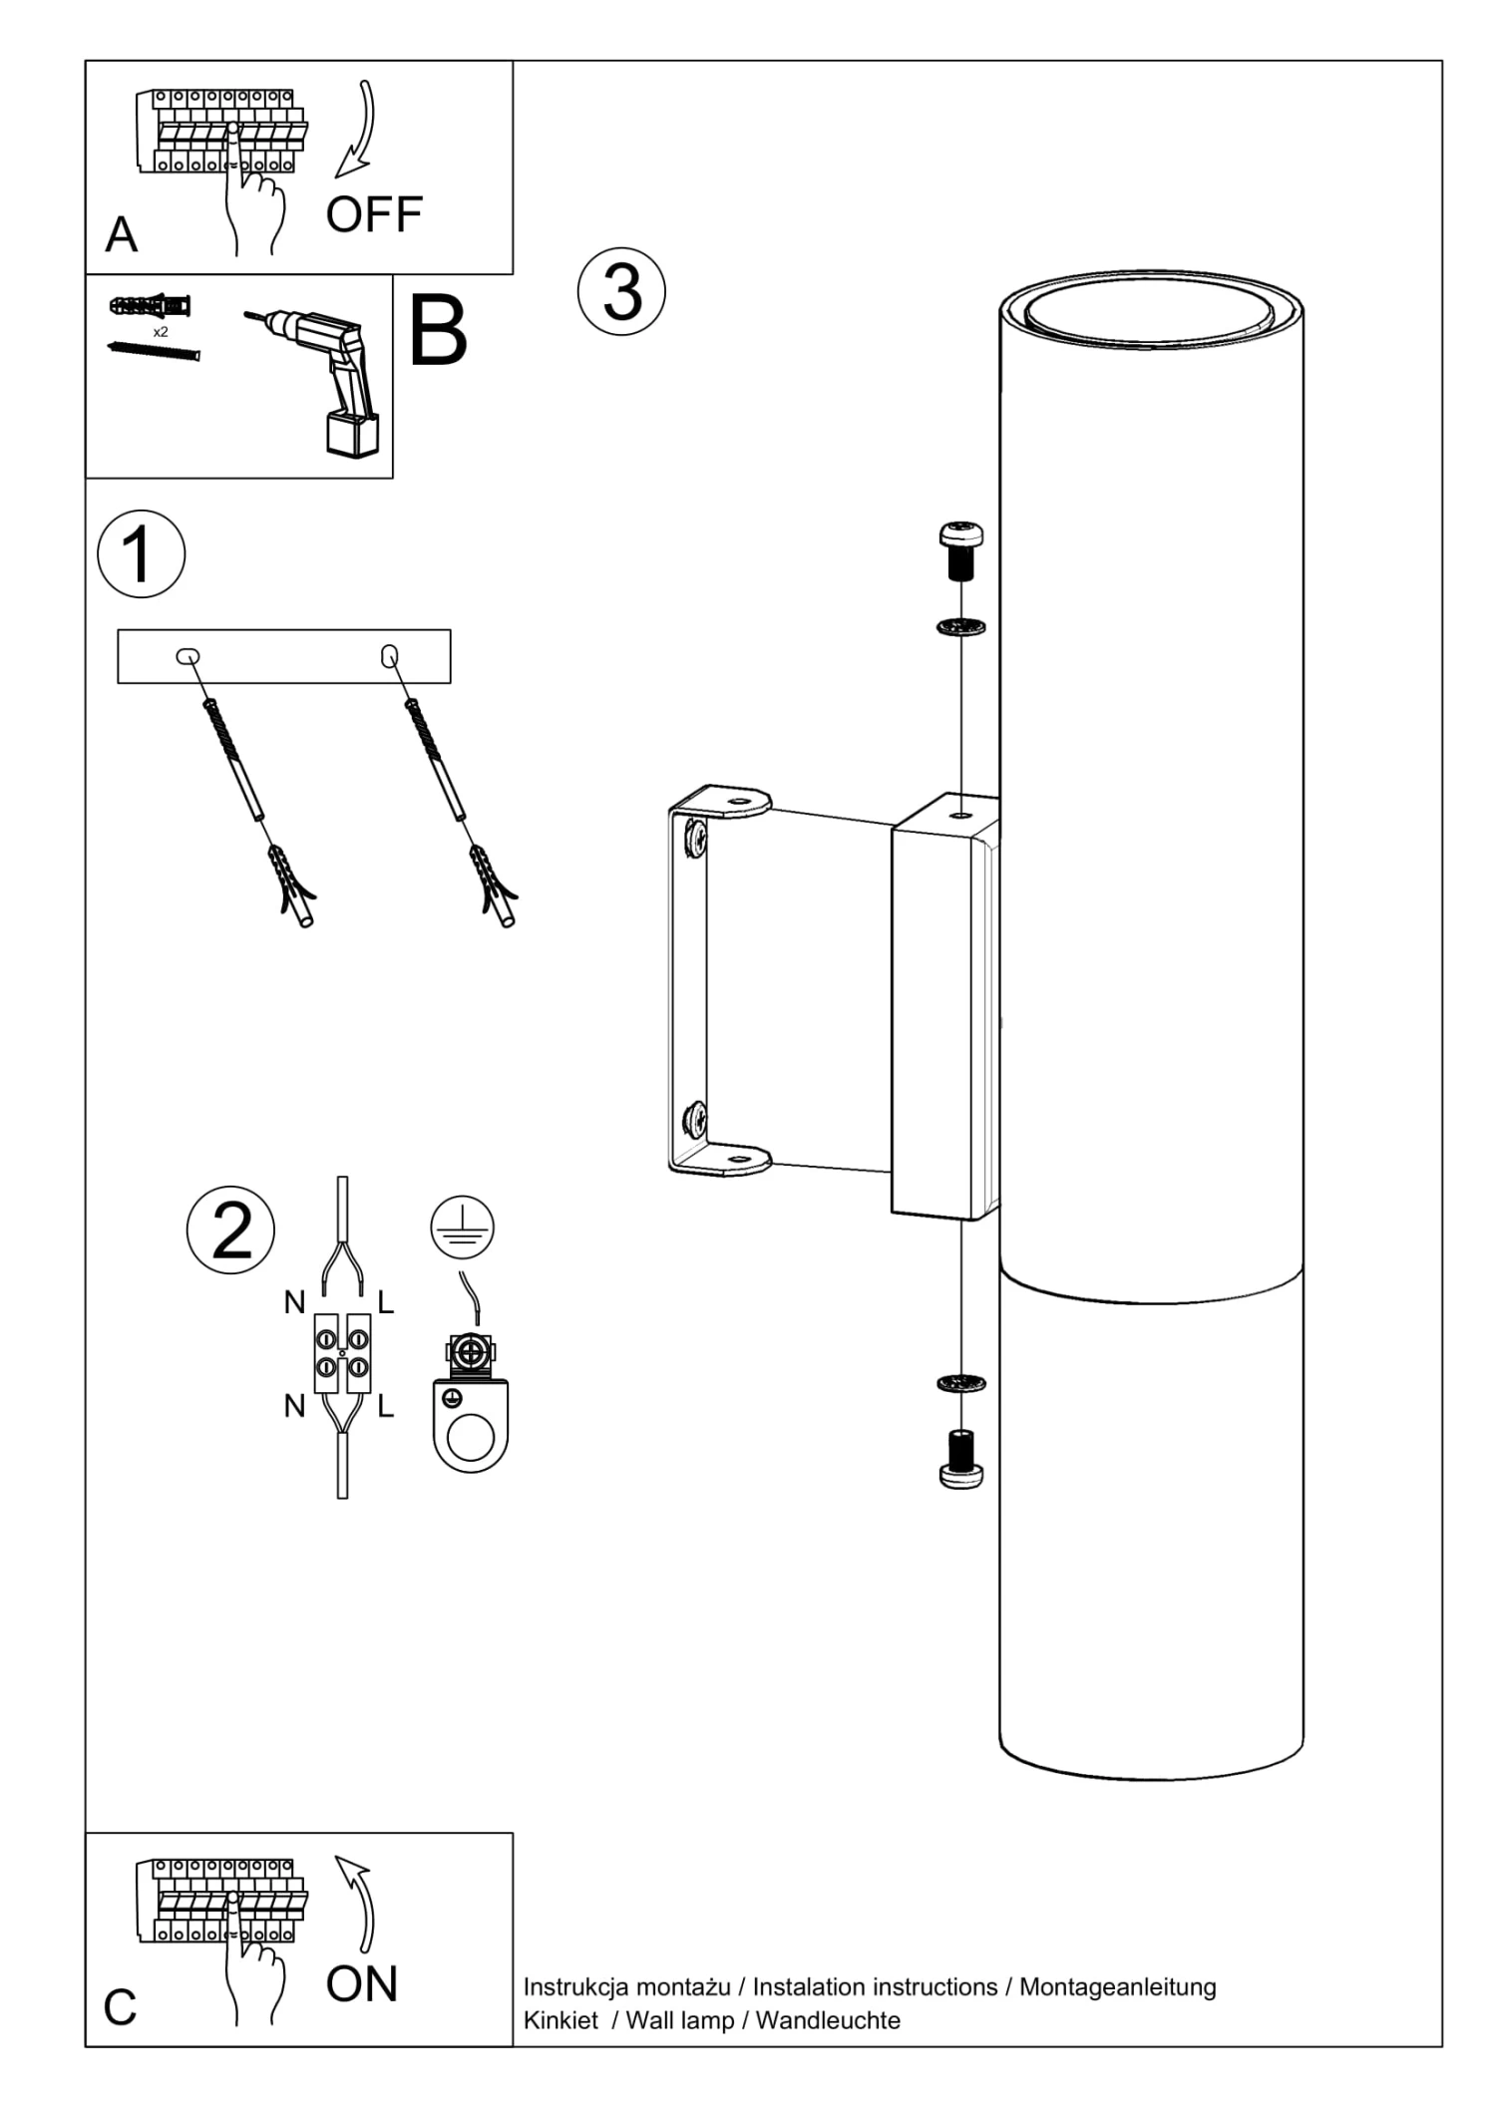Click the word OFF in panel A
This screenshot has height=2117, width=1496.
coord(374,214)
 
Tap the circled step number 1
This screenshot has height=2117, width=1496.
coord(141,553)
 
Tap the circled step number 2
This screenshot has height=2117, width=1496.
coord(230,1230)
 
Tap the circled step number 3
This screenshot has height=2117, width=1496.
coord(621,292)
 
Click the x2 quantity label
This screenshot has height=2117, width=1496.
coord(161,332)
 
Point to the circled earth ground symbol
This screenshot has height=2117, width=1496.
coord(462,1227)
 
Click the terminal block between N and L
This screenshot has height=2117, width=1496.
coord(342,1352)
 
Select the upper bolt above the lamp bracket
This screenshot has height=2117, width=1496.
coord(960,548)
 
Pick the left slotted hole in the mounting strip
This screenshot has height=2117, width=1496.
coord(187,655)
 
